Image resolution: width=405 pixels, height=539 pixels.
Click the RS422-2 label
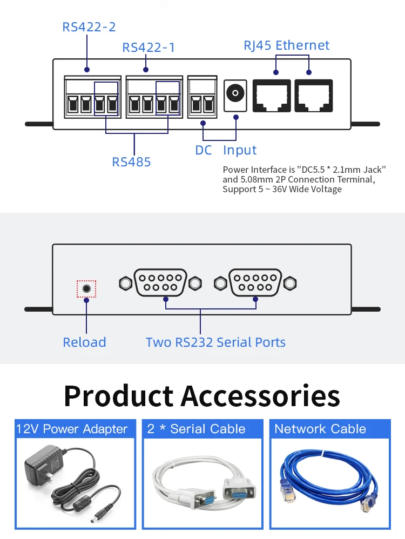(x=89, y=27)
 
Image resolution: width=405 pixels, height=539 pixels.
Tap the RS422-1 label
(x=148, y=48)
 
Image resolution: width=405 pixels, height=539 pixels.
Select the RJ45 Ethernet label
(x=286, y=45)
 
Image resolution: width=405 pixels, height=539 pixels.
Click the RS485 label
(x=131, y=162)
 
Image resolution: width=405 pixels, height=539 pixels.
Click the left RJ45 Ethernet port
(x=272, y=96)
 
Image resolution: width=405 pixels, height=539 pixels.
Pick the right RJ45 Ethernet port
(x=314, y=96)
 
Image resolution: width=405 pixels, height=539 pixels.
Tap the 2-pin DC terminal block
(x=202, y=97)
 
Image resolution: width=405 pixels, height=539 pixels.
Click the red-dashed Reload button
(x=86, y=289)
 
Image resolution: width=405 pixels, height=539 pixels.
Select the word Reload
(x=85, y=342)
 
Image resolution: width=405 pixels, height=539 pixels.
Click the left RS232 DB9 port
(x=160, y=283)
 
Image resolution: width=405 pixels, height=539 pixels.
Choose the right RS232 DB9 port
(x=255, y=283)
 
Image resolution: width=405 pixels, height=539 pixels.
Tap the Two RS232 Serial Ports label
(x=215, y=342)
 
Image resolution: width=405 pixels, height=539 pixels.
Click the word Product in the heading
(x=118, y=396)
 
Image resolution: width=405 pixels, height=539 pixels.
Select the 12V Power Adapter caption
(x=71, y=429)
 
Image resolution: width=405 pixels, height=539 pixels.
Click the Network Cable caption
(x=320, y=429)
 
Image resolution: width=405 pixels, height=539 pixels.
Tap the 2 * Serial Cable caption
(x=197, y=429)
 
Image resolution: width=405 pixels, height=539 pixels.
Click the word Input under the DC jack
(x=240, y=150)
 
